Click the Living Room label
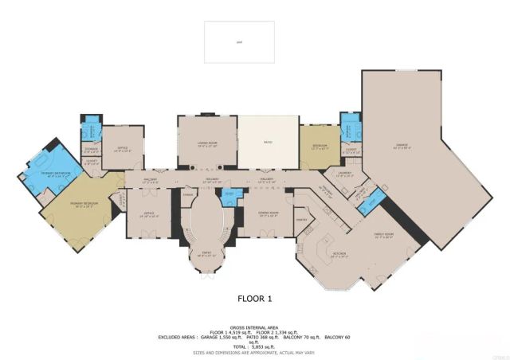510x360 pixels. pyautogui.click(x=207, y=144)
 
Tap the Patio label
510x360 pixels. pyautogui.click(x=268, y=143)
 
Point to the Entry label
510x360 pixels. pyautogui.click(x=206, y=254)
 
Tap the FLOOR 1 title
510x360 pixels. pyautogui.click(x=255, y=299)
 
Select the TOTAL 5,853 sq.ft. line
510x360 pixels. pyautogui.click(x=255, y=346)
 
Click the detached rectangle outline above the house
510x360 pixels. pyautogui.click(x=239, y=41)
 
